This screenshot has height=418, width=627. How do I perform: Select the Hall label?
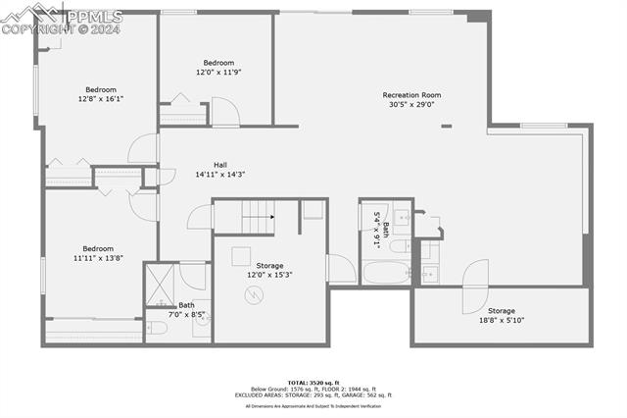coord(221,165)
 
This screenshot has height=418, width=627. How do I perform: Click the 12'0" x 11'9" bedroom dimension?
coord(217,72)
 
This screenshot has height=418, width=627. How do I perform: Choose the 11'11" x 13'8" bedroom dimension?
coord(98,258)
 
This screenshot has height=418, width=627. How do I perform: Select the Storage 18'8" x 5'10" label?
coord(502,315)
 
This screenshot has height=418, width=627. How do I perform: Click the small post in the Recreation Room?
coord(446,126)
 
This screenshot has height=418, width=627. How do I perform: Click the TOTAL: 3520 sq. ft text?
coord(313,381)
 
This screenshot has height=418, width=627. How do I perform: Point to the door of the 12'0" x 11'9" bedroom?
coord(225,111)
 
